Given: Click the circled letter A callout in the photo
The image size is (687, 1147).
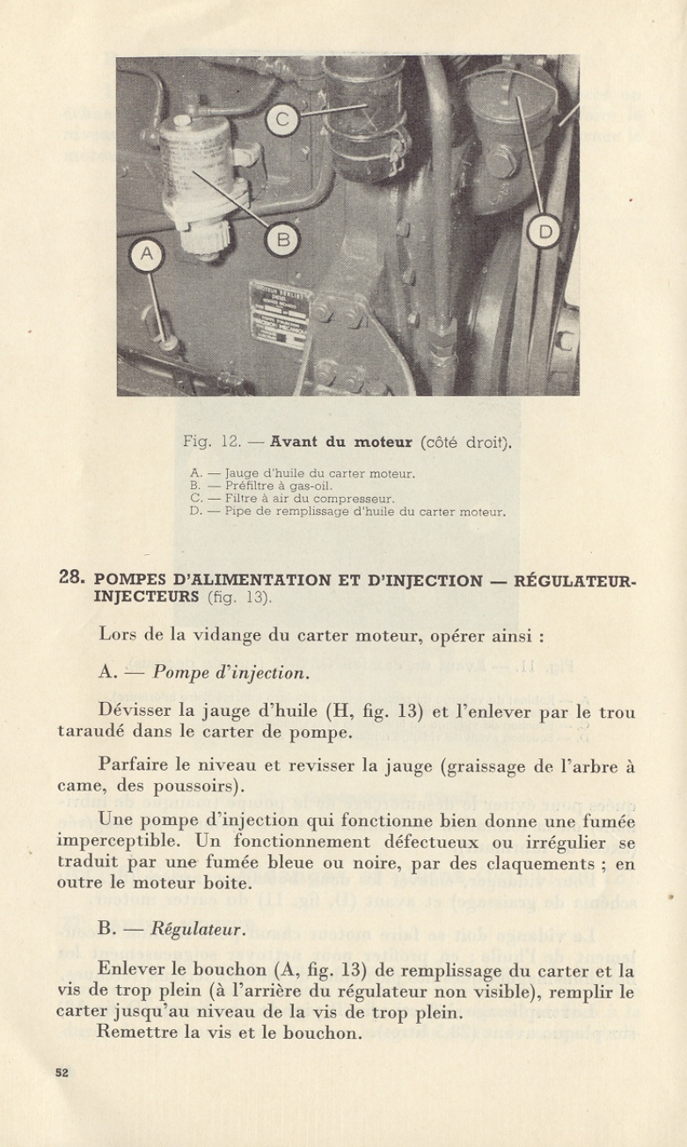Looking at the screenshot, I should point(147,255).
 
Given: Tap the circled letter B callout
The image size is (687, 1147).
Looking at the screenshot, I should point(283,238).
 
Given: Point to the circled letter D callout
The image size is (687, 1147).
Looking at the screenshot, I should point(544,232).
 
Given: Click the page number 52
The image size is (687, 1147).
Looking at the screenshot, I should point(62,1072).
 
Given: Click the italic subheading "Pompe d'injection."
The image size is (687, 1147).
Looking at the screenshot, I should point(230,674).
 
